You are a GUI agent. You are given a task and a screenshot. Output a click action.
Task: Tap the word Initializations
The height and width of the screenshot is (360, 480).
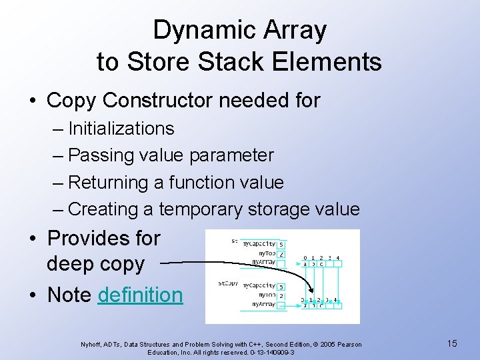click(x=121, y=128)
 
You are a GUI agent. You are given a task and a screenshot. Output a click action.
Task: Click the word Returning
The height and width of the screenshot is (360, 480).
click(x=115, y=182)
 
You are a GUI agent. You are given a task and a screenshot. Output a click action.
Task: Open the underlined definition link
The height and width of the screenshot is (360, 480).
click(x=140, y=295)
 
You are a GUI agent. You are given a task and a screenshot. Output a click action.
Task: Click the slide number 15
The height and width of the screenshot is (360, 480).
click(x=452, y=343)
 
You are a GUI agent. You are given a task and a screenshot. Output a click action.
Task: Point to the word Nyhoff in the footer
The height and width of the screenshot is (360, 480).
click(x=91, y=345)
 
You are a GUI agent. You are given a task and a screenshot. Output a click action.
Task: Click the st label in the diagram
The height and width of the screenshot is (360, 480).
click(x=235, y=241)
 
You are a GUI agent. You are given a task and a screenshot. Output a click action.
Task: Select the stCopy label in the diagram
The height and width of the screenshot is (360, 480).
click(x=228, y=283)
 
